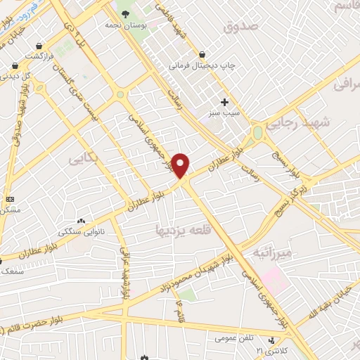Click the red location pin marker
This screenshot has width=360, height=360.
(181, 166)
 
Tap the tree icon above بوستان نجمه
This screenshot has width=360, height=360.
(125, 13)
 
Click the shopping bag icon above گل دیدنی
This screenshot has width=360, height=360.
(15, 65)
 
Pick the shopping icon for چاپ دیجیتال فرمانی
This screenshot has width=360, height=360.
(202, 55)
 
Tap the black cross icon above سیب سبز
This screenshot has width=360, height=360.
(224, 103)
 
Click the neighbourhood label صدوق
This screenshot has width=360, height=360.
(240, 27)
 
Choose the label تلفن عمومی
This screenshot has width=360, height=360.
(233, 338)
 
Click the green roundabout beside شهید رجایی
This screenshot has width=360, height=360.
(257, 132)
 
